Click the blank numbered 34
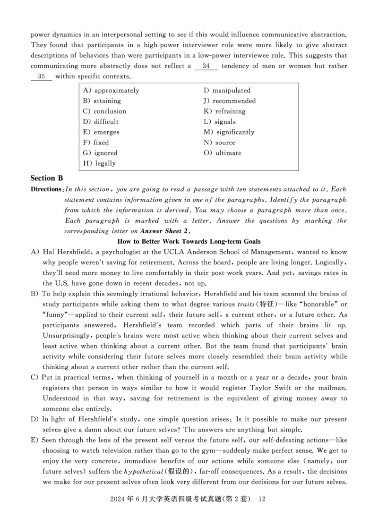click(206, 66)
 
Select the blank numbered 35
click(42, 76)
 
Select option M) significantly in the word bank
click(229, 132)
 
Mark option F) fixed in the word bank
click(96, 143)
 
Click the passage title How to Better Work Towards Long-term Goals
click(189, 241)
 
